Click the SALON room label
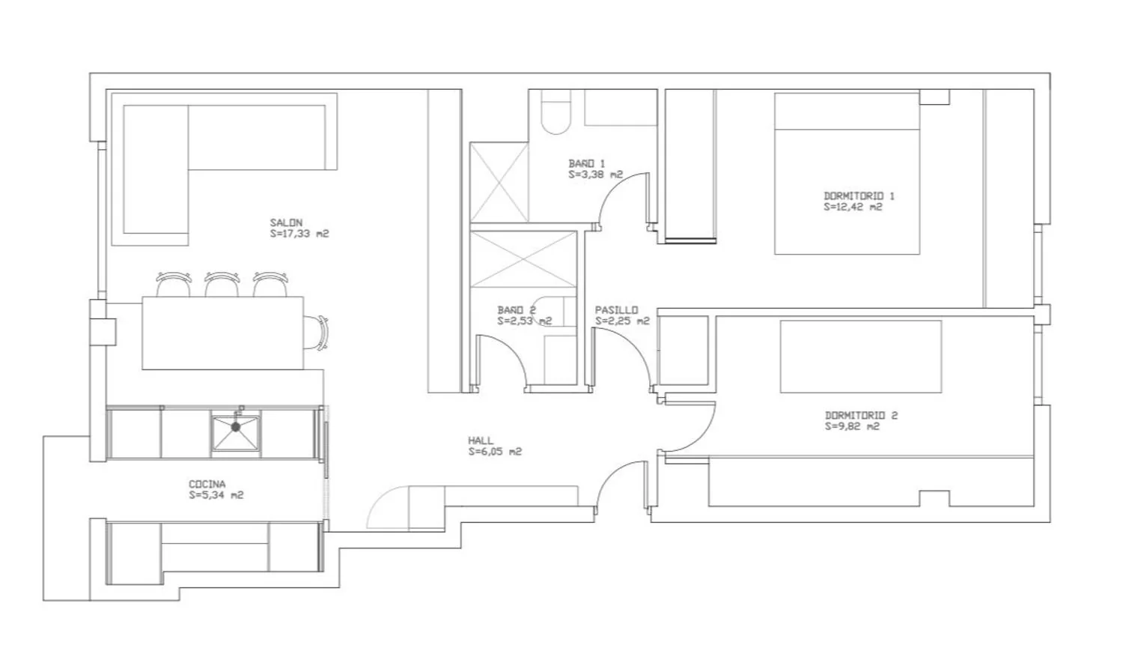(286, 222)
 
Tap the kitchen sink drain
(236, 427)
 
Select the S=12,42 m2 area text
(853, 207)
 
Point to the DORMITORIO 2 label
(861, 415)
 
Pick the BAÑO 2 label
(517, 310)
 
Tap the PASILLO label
(616, 310)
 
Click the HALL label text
(481, 440)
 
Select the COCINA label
(207, 484)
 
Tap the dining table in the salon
(222, 333)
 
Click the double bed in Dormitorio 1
(847, 173)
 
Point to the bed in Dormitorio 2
(861, 357)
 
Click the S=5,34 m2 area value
(216, 495)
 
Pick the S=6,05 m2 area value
(495, 452)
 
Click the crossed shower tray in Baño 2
(523, 259)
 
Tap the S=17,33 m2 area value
(299, 234)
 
